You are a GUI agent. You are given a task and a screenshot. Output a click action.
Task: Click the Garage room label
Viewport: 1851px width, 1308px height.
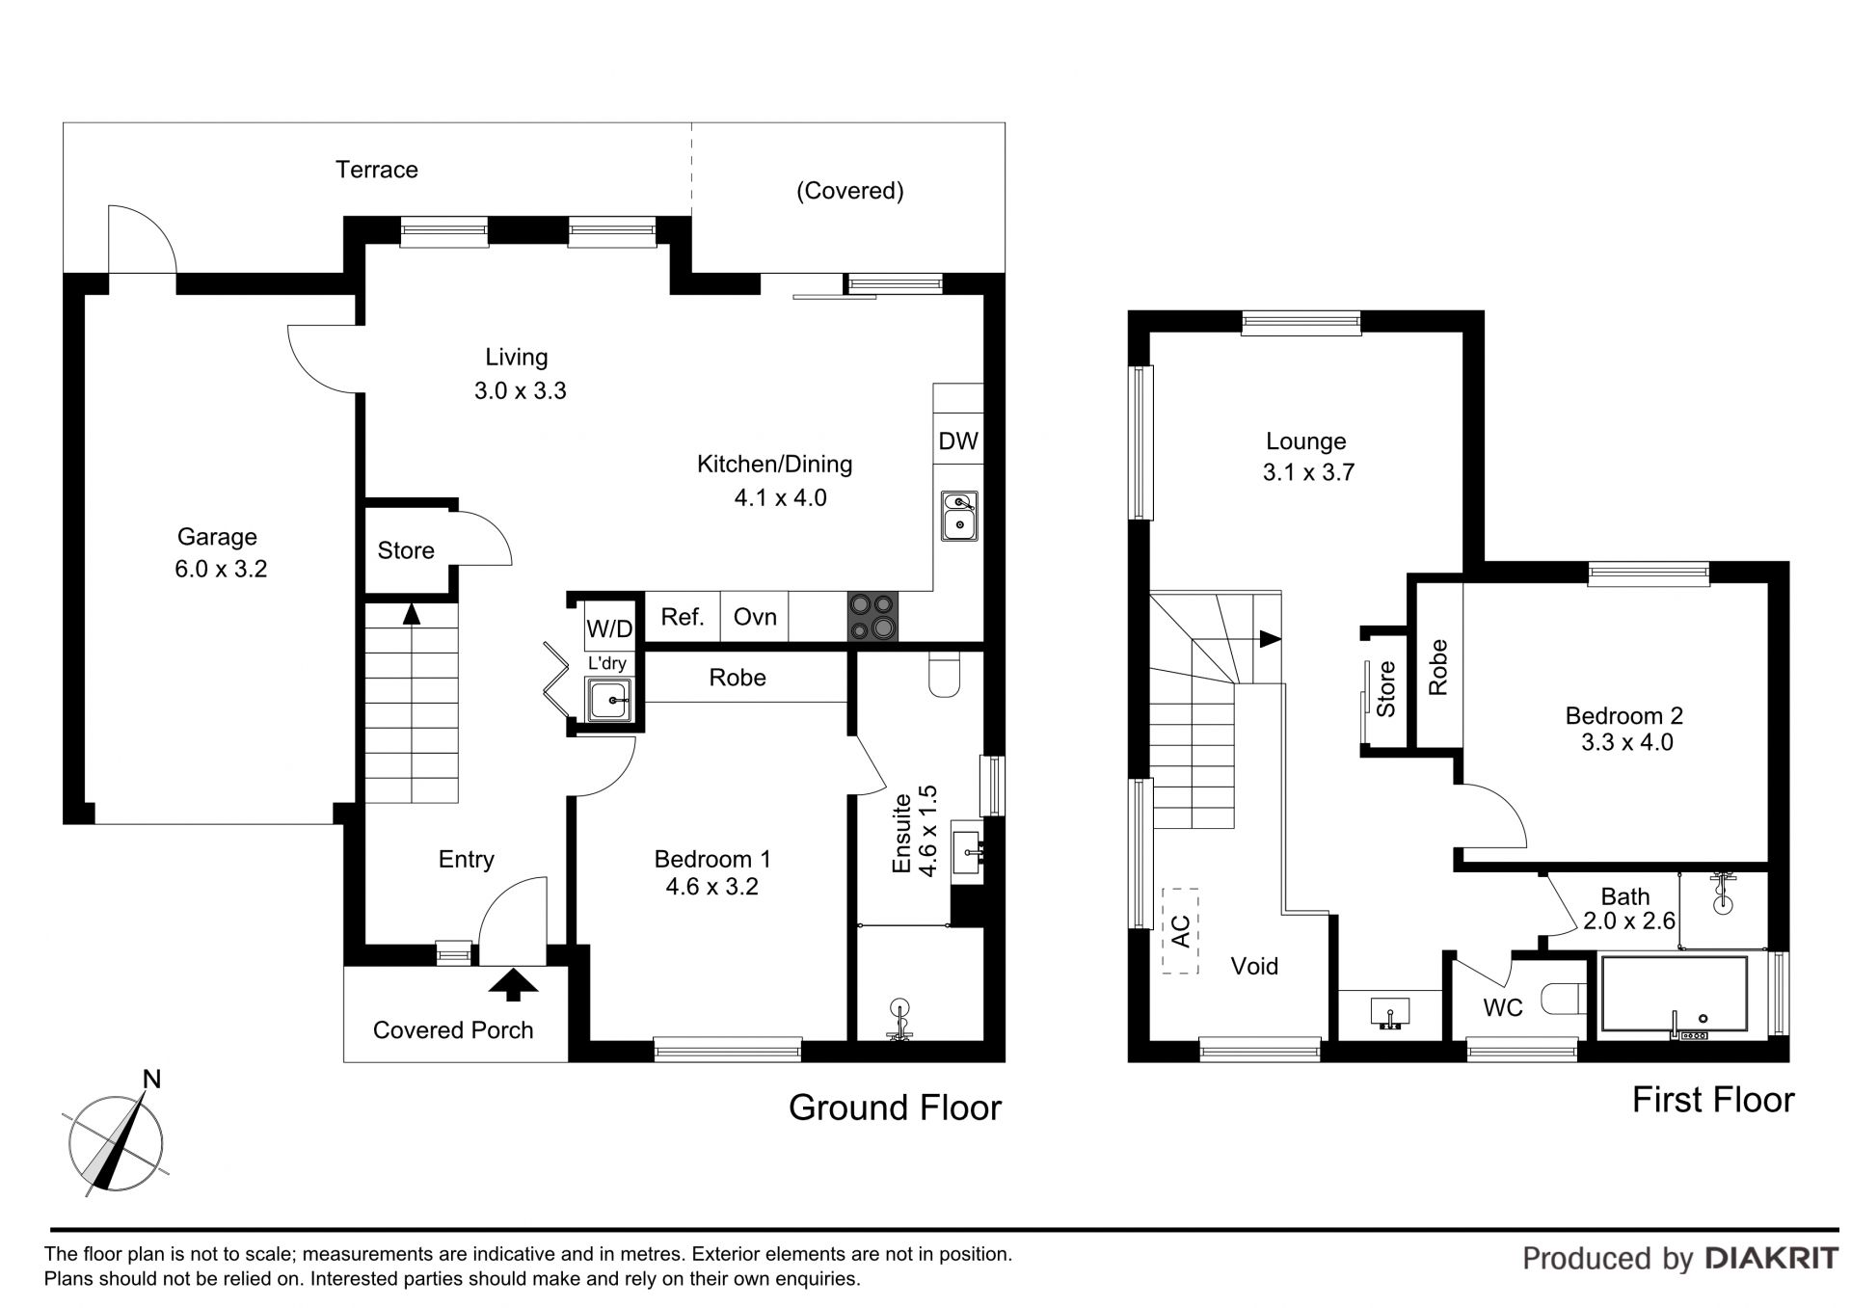click(x=217, y=537)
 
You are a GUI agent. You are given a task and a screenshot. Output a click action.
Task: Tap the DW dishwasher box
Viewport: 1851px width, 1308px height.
click(x=958, y=440)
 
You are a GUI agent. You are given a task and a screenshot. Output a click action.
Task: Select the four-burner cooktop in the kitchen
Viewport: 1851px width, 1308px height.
click(x=872, y=616)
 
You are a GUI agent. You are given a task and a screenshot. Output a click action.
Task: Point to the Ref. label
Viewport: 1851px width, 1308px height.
click(x=683, y=617)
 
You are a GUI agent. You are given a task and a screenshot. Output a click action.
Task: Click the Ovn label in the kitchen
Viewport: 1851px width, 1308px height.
click(x=755, y=617)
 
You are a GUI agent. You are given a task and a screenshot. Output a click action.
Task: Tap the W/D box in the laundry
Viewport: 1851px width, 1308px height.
click(x=609, y=629)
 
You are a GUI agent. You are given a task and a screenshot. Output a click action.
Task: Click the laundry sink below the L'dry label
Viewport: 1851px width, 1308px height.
click(x=610, y=699)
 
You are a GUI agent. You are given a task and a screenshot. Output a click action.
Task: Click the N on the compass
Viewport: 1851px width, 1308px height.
click(x=151, y=1080)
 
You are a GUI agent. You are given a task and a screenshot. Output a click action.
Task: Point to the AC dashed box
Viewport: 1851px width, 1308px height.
click(x=1180, y=930)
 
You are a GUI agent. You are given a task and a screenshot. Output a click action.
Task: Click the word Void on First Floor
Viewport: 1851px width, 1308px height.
click(x=1254, y=966)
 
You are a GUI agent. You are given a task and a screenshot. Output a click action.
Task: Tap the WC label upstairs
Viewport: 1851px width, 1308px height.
click(x=1503, y=1008)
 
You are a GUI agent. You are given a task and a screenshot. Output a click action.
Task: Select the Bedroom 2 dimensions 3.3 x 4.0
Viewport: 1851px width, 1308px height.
click(x=1627, y=742)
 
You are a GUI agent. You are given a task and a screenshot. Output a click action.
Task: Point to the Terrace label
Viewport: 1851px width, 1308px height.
click(x=377, y=170)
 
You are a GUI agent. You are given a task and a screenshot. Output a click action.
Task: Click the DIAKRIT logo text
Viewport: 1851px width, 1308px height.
click(x=1772, y=1258)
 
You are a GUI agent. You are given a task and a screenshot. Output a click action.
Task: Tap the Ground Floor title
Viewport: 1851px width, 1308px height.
click(x=896, y=1108)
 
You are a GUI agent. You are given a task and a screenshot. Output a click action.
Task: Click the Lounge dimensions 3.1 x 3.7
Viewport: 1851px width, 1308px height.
click(x=1308, y=472)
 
